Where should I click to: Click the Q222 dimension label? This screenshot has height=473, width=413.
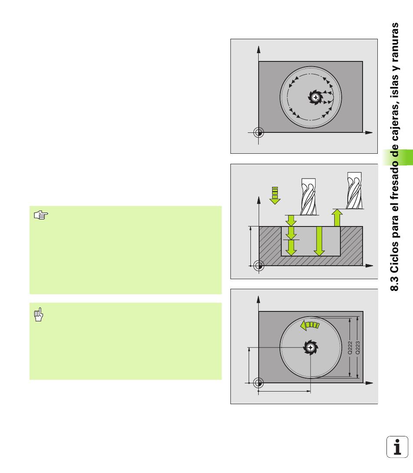click(x=350, y=348)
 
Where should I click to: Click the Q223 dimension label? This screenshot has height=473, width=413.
click(x=358, y=348)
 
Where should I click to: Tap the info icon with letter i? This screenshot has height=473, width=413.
click(x=397, y=447)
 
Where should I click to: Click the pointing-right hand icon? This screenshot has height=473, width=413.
click(x=41, y=215)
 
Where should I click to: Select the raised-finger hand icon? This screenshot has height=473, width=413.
click(x=39, y=314)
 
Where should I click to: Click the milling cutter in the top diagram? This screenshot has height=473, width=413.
click(x=315, y=97)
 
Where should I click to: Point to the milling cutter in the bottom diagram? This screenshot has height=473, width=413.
click(x=310, y=348)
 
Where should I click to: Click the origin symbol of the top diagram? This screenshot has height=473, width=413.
click(x=259, y=132)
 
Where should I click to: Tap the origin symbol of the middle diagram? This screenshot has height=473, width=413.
click(x=259, y=266)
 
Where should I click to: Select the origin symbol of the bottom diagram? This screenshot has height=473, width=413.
click(x=258, y=383)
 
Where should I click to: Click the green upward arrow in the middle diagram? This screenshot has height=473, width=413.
click(x=337, y=218)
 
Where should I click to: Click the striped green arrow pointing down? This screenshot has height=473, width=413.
click(x=275, y=196)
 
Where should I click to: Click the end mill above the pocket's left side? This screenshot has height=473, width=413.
click(x=309, y=196)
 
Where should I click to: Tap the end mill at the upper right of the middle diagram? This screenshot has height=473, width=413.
click(x=354, y=190)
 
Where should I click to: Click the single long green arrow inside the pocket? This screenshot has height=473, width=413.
click(x=319, y=241)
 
